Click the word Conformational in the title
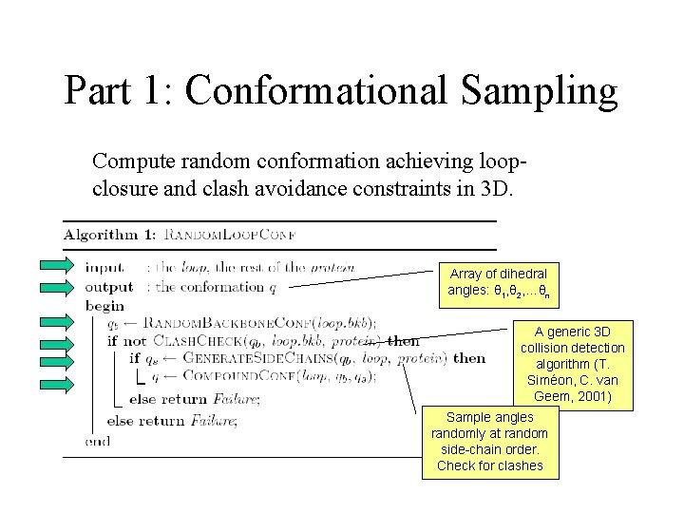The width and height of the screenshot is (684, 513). click(x=314, y=91)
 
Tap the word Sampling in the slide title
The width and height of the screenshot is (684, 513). click(x=539, y=91)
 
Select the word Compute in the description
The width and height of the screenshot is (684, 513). click(x=131, y=161)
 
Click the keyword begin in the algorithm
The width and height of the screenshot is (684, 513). click(x=104, y=306)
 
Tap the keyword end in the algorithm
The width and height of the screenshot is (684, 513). click(x=98, y=441)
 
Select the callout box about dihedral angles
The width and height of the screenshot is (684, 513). click(x=498, y=282)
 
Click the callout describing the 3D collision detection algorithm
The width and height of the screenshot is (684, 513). click(x=572, y=364)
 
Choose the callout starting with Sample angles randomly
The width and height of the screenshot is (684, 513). click(x=489, y=442)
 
